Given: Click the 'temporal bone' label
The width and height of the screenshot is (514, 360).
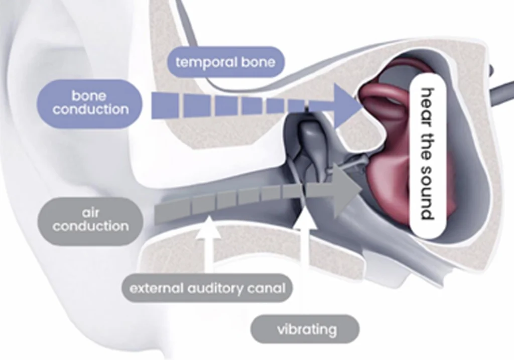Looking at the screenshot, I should (x=225, y=62).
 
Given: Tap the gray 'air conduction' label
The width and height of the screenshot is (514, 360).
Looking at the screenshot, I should (x=90, y=220).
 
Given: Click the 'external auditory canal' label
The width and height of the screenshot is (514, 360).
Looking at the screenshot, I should (x=207, y=289).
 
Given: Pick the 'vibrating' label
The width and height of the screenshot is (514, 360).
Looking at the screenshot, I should (x=306, y=329).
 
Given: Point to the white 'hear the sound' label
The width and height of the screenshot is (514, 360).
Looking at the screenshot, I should (x=426, y=155).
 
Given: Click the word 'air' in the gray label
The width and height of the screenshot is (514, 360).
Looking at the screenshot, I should (x=91, y=213).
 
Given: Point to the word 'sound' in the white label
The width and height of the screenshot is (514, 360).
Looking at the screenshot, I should (x=426, y=193).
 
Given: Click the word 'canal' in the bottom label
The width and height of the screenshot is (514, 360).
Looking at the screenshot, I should (x=266, y=289).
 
